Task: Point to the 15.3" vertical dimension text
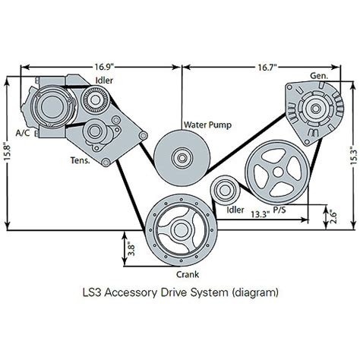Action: click(x=354, y=156)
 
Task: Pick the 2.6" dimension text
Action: click(x=333, y=216)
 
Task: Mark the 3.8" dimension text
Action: click(x=132, y=249)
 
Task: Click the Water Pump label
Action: click(x=207, y=125)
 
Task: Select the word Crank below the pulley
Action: click(x=188, y=274)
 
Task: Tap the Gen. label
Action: click(x=319, y=76)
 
